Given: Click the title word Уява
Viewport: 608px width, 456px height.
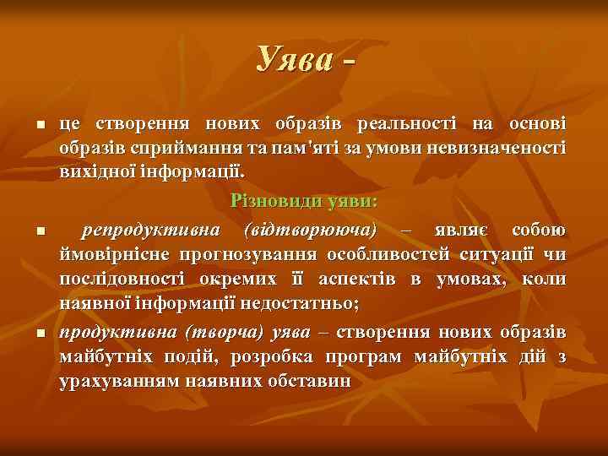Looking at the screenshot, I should pos(295,58).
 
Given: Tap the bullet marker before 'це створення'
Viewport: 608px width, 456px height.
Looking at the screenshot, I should pos(41,126).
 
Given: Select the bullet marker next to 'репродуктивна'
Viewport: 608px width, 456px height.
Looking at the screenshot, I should pos(41,231).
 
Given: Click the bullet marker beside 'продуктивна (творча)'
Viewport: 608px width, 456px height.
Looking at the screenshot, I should pos(41,335).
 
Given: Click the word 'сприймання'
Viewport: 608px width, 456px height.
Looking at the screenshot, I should pos(157,148).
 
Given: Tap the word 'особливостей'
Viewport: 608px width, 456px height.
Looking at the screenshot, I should pos(379,254).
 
